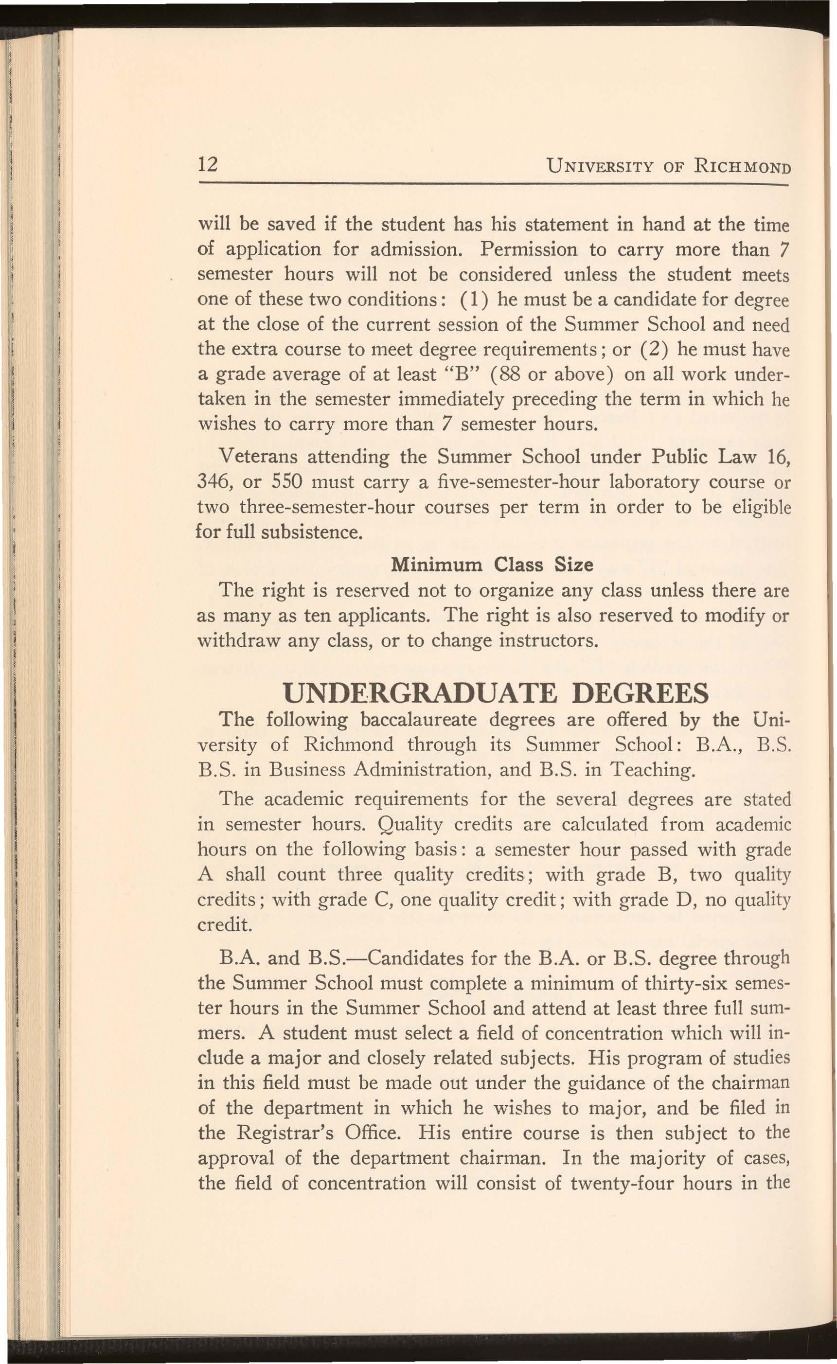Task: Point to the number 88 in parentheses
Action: point(507,374)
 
